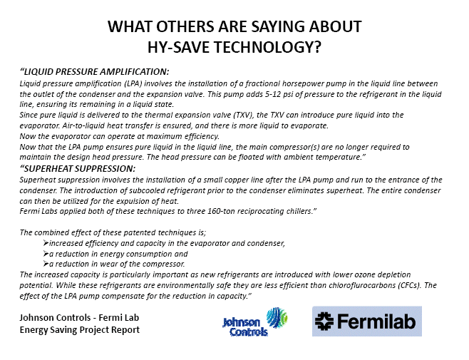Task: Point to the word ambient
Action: point(297,157)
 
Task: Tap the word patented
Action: point(140,232)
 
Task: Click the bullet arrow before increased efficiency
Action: point(46,242)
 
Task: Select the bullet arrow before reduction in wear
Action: point(46,264)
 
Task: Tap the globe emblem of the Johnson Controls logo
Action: point(277,317)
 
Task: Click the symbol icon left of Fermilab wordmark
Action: point(324,322)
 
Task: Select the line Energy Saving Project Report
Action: point(80,330)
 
